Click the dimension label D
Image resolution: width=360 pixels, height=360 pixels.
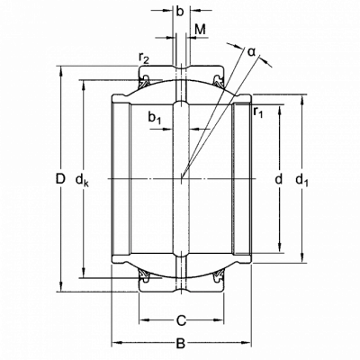pos(60,179)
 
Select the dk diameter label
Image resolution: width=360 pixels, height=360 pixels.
pos(82,181)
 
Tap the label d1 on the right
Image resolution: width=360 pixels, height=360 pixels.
pos(301,181)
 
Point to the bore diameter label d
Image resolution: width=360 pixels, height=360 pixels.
pos(279,179)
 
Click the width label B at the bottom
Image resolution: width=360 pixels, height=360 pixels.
pos(180,344)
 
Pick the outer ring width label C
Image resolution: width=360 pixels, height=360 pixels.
pos(181,321)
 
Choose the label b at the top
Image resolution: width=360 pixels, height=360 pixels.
pos(179,11)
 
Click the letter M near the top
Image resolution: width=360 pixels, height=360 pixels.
pos(200,30)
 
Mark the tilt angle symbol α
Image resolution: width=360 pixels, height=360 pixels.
pos(251,51)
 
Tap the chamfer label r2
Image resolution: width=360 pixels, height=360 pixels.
pos(144,58)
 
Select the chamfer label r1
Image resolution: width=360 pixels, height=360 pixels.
pos(258,112)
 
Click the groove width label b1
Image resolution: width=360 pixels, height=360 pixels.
pos(155,117)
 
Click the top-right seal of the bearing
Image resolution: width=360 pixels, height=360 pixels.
pos(218,81)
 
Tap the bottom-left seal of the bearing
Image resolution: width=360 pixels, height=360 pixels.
pos(144,276)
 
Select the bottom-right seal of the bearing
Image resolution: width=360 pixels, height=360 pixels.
pos(218,276)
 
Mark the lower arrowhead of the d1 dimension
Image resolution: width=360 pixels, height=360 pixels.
pos(301,257)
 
